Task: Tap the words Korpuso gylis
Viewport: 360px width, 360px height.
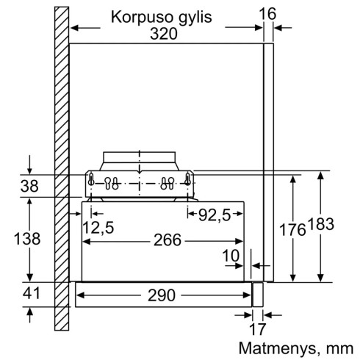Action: [165, 15]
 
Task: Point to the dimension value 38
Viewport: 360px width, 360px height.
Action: [29, 187]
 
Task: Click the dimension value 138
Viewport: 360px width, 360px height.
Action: [27, 240]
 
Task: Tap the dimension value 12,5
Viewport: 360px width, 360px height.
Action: [98, 228]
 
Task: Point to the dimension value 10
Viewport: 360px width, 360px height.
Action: [231, 256]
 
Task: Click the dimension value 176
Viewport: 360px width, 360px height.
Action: [292, 230]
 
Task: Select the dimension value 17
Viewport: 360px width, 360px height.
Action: [255, 329]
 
